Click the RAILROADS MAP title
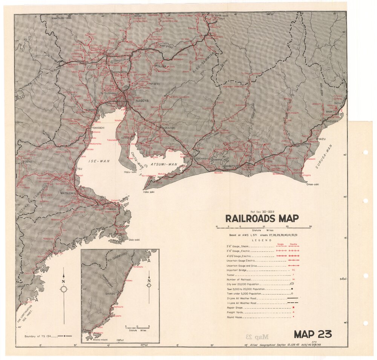tap(262, 219)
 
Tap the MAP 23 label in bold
tap(313, 334)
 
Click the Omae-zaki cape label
tap(313, 184)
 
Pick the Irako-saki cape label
tap(149, 192)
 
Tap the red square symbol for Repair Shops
tap(293, 308)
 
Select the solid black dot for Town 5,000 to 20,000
tap(292, 289)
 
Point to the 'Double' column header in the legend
tap(293, 244)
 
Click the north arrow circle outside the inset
tap(64, 290)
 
